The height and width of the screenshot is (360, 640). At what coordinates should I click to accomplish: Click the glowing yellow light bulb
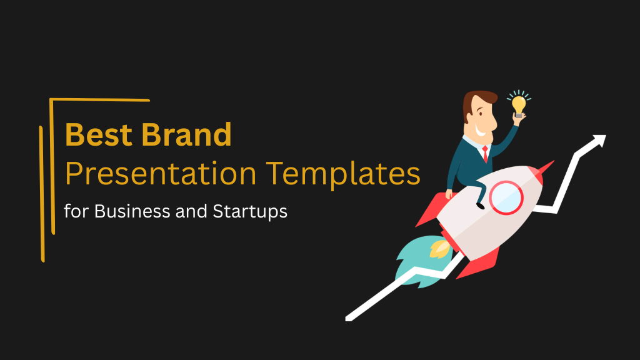point(518,104)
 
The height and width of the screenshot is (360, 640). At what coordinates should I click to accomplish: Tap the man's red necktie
point(485,153)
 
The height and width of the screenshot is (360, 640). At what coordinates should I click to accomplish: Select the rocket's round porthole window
point(506,196)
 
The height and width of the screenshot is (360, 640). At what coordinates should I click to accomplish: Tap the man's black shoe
point(480,204)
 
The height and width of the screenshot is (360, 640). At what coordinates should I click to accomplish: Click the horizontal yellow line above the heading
point(100,99)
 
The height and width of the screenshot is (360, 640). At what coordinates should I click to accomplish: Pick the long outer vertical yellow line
point(42,194)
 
